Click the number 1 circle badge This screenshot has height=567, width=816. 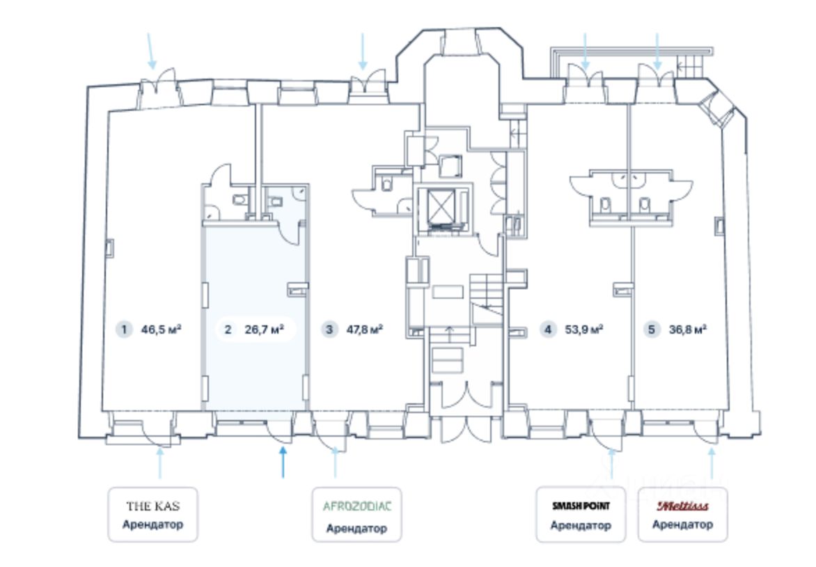124,329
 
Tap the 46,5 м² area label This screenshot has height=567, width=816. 161,329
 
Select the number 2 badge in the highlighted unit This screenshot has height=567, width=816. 228,329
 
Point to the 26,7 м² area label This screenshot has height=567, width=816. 265,329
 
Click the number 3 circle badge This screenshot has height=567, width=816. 329,329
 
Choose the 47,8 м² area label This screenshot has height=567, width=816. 365,329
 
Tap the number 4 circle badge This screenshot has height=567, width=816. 549,329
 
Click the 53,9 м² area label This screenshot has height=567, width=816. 584,329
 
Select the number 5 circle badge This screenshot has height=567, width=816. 652,329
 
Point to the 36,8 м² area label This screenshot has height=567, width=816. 686,329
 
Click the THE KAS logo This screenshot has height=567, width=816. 152,506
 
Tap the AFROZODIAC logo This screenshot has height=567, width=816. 357,506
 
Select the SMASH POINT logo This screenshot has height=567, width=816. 581,506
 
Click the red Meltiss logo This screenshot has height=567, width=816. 682,506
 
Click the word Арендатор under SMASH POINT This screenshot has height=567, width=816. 581,525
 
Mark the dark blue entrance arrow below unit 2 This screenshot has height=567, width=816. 283,463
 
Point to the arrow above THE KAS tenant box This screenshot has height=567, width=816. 160,464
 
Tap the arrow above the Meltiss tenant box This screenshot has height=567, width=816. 712,464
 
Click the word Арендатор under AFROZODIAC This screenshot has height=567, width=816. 356,528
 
